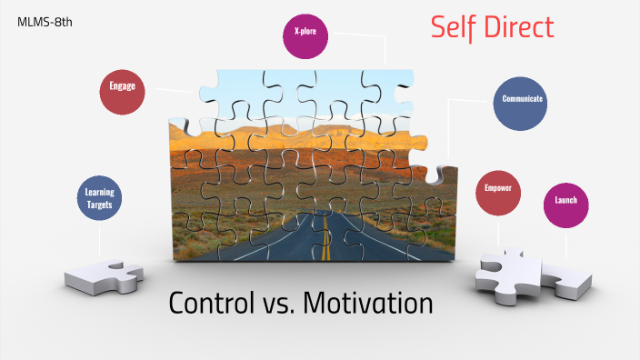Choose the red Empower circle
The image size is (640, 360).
pos(498,194)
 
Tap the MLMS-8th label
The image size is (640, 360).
pos(45,21)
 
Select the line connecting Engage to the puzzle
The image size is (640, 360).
pos(175,90)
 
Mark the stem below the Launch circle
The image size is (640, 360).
pos(565,244)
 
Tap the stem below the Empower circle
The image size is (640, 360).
pos(498,232)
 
